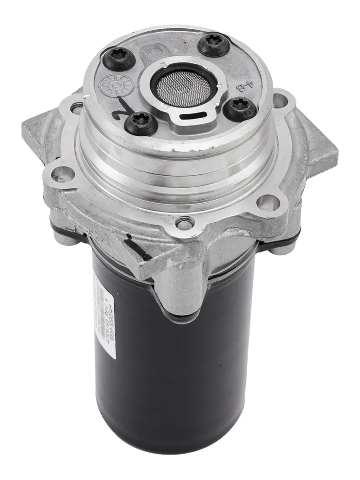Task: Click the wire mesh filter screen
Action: tap(184, 84)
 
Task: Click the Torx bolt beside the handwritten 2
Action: tap(141, 123)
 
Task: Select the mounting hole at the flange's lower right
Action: tap(267, 202)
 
